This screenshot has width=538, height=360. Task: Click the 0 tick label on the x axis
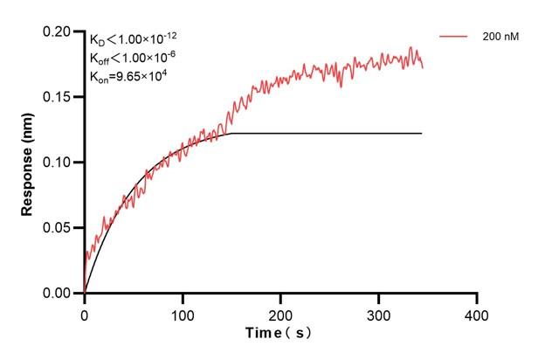click(84, 313)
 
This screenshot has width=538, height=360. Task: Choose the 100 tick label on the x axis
click(182, 313)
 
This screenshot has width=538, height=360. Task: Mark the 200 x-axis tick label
click(280, 313)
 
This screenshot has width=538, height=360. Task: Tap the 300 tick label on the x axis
click(378, 313)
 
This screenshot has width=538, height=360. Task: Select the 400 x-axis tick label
click(476, 313)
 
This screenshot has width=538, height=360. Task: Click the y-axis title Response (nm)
click(27, 162)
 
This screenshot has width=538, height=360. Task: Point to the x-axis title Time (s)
click(278, 334)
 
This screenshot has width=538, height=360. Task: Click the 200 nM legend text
click(500, 37)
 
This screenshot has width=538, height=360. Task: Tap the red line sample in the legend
click(455, 37)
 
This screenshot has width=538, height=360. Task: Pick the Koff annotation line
click(134, 58)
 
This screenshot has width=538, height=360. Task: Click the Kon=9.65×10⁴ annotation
click(128, 76)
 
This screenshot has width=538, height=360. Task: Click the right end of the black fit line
click(422, 134)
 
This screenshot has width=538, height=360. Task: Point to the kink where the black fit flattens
click(231, 134)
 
